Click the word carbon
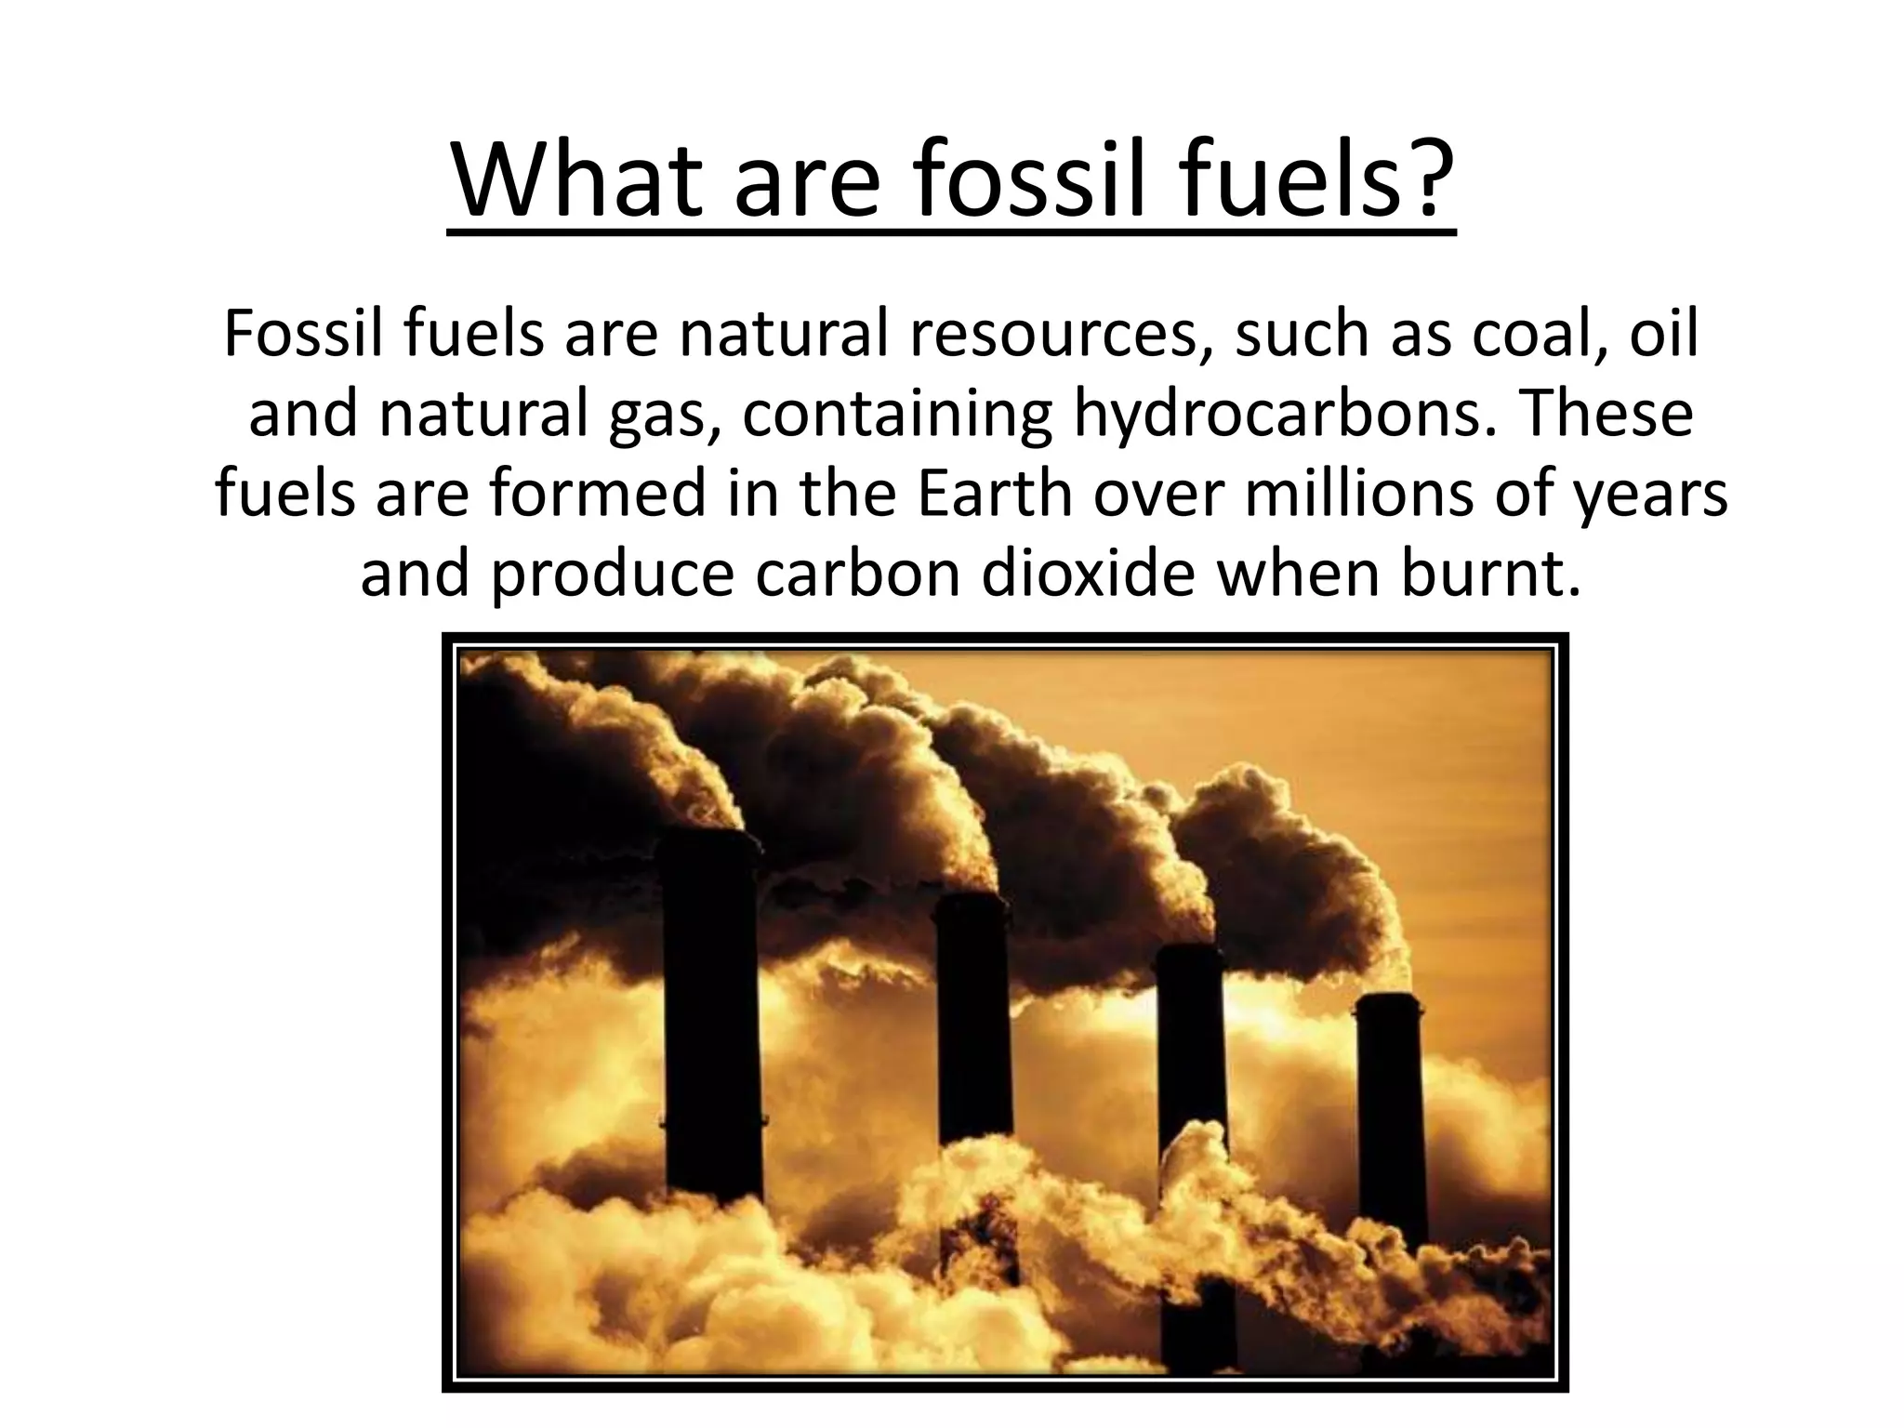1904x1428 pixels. click(856, 575)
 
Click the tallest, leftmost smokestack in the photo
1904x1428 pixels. click(711, 1004)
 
